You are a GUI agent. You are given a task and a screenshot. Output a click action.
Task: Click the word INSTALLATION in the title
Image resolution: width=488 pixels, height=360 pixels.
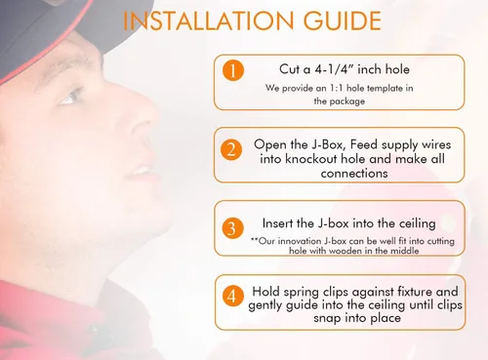coord(209,20)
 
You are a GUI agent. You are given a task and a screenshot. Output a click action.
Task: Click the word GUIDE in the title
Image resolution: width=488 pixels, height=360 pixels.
coord(342,20)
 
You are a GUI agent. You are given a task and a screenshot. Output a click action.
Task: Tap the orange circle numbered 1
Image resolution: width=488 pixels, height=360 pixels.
coord(233,70)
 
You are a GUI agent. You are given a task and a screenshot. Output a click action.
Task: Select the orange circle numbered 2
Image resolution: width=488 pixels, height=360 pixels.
coord(231,149)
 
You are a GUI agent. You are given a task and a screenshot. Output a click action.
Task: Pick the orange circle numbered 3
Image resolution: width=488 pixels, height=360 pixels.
coord(232,228)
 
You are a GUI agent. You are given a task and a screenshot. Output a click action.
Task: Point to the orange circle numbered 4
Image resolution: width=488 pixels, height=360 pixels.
coord(232,297)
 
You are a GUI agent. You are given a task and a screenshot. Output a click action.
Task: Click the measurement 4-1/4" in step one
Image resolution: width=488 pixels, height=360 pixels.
coord(334,69)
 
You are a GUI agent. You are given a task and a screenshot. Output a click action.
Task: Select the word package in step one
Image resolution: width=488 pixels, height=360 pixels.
coord(347,101)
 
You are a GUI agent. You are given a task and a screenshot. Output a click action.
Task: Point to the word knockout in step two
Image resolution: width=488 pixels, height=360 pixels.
coord(311,159)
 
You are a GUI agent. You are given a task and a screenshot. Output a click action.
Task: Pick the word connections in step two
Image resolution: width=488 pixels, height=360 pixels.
coord(354,174)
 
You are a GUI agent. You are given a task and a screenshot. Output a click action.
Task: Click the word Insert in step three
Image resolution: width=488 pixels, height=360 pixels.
coord(277,223)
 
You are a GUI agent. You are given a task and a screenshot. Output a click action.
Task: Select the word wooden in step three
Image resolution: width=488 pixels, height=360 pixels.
coord(346,251)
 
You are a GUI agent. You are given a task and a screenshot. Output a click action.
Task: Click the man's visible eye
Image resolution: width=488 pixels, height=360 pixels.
coord(70,97)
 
